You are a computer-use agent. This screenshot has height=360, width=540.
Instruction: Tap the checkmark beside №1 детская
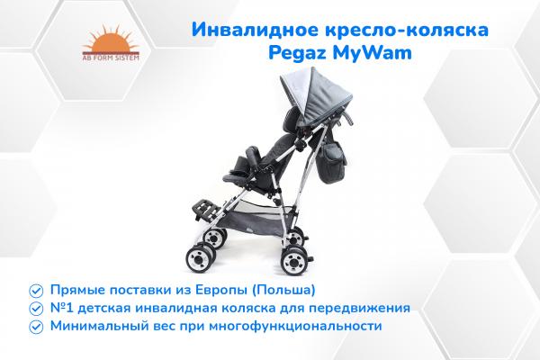[x=35, y=307]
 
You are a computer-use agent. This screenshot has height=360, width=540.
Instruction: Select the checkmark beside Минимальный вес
[x=35, y=325]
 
